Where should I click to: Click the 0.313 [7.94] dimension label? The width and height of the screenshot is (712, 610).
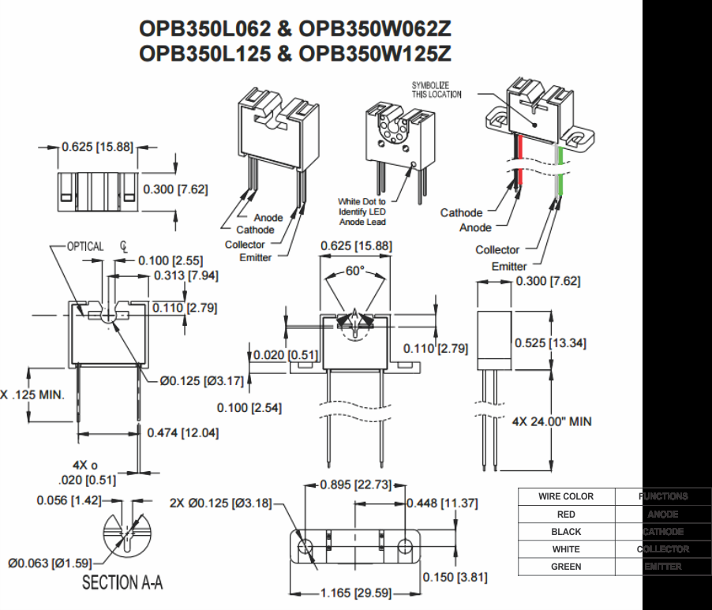pos(185,275)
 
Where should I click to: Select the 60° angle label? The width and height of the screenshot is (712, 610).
pos(355,271)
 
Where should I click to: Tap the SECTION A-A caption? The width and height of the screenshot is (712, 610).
pos(123,583)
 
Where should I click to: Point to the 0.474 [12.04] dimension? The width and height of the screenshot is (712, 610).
pos(183,432)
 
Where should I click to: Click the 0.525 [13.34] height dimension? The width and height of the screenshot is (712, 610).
pos(550,342)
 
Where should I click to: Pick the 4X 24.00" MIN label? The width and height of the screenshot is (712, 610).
pos(552,421)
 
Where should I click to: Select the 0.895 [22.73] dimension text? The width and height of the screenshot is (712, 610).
pos(355,485)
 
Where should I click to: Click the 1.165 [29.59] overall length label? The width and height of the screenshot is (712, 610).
pos(355,593)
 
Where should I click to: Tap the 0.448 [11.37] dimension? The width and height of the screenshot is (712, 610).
pos(442,503)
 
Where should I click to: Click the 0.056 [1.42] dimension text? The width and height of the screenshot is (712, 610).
pos(69,500)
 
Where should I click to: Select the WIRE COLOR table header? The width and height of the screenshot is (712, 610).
pos(566,496)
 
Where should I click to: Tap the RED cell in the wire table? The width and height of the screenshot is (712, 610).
pos(566,514)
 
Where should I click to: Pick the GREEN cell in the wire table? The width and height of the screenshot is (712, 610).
pos(566,567)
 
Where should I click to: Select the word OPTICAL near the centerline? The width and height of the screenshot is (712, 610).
pos(85,246)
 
